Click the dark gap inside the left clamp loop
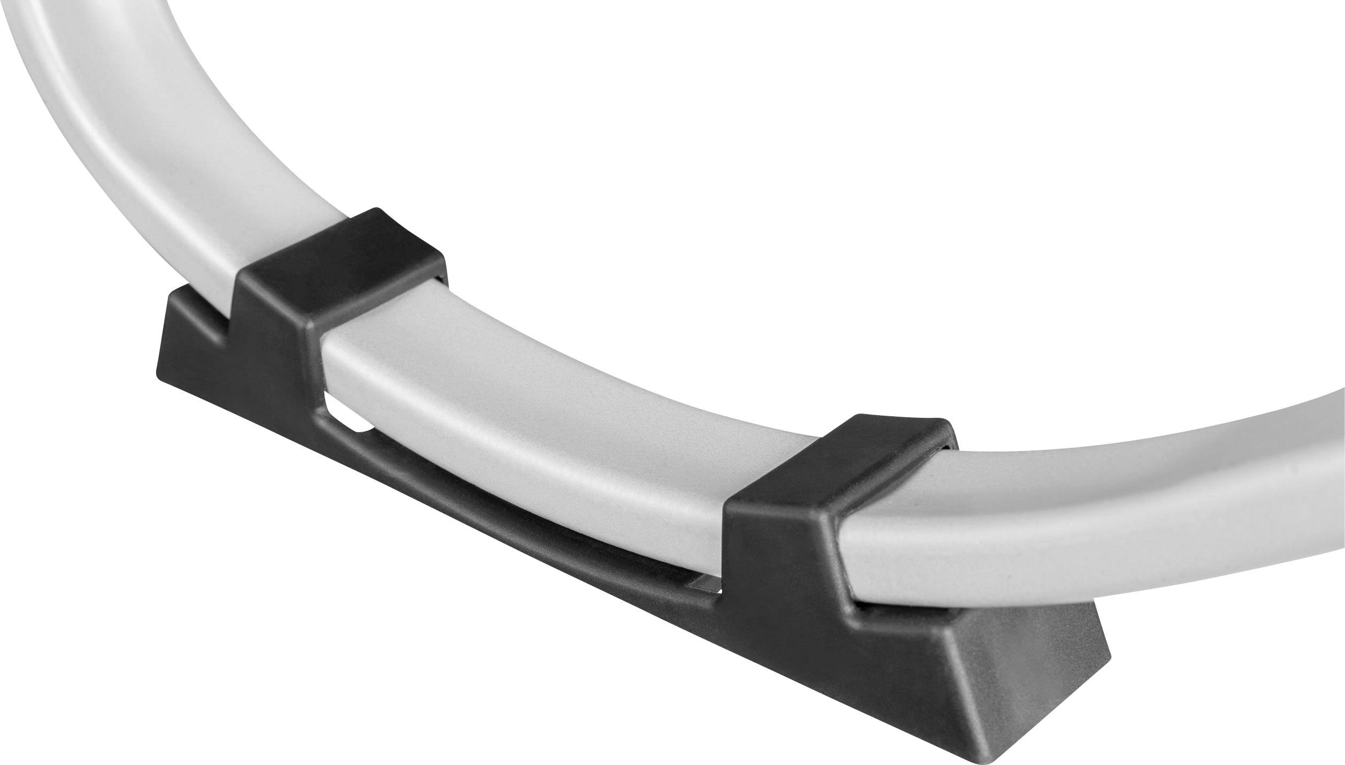pos(440,279)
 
